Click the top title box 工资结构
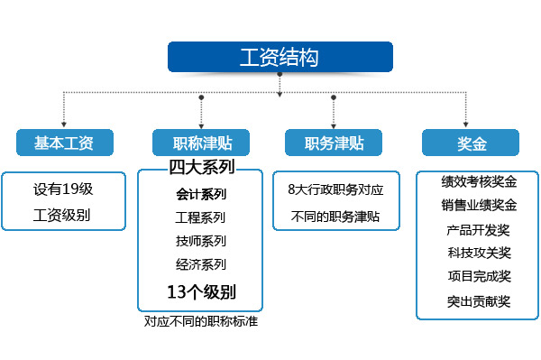pyautogui.click(x=280, y=57)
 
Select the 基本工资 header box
pyautogui.click(x=65, y=143)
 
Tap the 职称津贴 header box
pyautogui.click(x=201, y=143)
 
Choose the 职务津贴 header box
pyautogui.click(x=334, y=143)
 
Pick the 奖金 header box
pyautogui.click(x=471, y=143)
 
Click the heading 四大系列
pyautogui.click(x=202, y=167)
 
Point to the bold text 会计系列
pyautogui.click(x=201, y=194)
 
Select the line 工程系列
pyautogui.click(x=200, y=217)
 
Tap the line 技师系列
pyautogui.click(x=201, y=241)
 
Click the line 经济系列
pyautogui.click(x=201, y=264)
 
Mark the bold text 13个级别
pyautogui.click(x=202, y=292)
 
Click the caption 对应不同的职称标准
pyautogui.click(x=201, y=321)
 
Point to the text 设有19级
pyautogui.click(x=63, y=189)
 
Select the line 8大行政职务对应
pyautogui.click(x=335, y=189)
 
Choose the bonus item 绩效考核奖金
pyautogui.click(x=480, y=181)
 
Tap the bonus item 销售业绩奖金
pyautogui.click(x=480, y=205)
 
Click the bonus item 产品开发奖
pyautogui.click(x=478, y=230)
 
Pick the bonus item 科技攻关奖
pyautogui.click(x=480, y=253)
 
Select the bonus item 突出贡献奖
pyautogui.click(x=479, y=301)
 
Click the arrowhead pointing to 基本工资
pyautogui.click(x=64, y=125)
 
